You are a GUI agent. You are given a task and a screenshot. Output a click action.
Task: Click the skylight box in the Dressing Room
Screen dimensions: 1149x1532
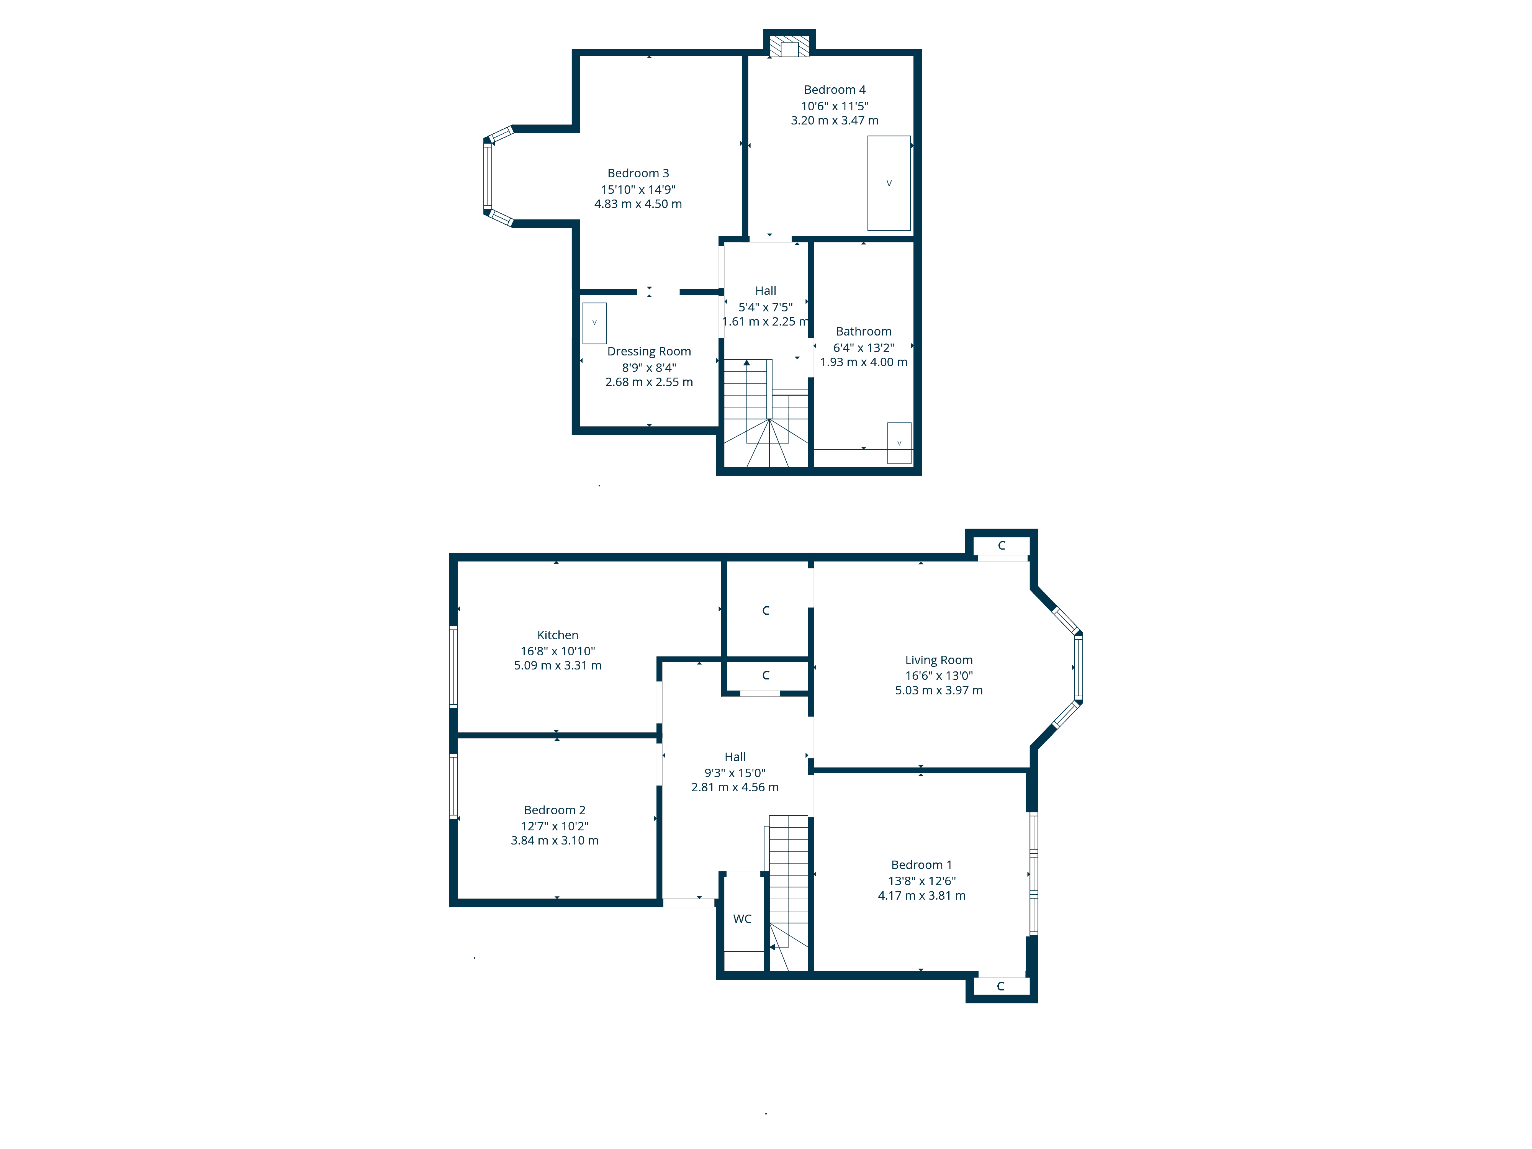pyautogui.click(x=594, y=323)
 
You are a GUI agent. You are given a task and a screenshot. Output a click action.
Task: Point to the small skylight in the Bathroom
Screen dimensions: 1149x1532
pyautogui.click(x=899, y=443)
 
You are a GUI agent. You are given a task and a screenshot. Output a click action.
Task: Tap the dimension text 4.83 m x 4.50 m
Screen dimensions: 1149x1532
pyautogui.click(x=638, y=204)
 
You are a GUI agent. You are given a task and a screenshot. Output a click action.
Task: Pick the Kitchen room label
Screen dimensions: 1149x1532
pyautogui.click(x=558, y=635)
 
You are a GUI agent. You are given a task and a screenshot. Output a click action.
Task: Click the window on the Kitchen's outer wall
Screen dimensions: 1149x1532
pyautogui.click(x=453, y=666)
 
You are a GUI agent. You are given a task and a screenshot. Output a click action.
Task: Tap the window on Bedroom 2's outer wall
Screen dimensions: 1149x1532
pyautogui.click(x=453, y=786)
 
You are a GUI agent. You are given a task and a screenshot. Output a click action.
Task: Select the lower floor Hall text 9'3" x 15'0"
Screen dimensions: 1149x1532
pyautogui.click(x=735, y=773)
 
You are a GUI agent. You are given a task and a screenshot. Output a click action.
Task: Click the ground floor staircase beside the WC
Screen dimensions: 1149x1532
pyautogui.click(x=788, y=894)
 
